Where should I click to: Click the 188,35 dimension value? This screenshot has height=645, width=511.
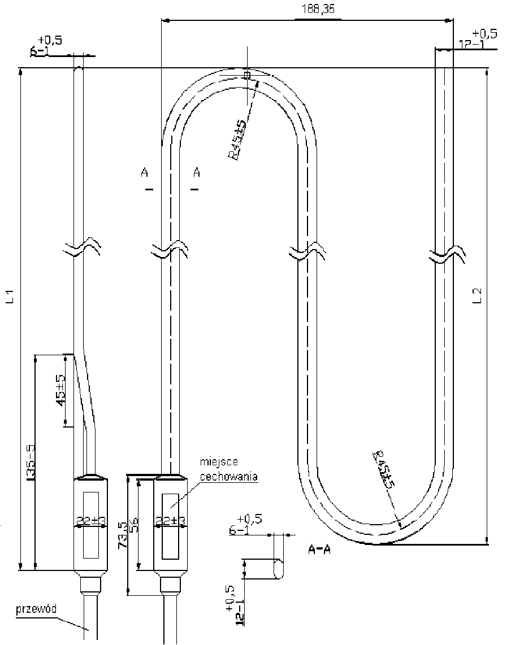(318, 10)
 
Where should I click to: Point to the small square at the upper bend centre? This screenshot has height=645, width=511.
(246, 75)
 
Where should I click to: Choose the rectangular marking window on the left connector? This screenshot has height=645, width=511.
(90, 523)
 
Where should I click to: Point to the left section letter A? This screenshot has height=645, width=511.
(145, 172)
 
